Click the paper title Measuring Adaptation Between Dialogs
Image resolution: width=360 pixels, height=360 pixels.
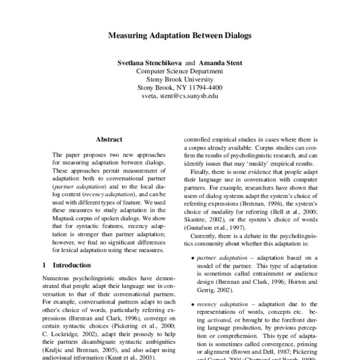(180, 35)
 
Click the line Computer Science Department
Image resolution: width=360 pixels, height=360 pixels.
(180, 71)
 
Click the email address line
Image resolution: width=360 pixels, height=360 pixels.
(180, 95)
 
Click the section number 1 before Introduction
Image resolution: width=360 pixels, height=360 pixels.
(45, 264)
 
